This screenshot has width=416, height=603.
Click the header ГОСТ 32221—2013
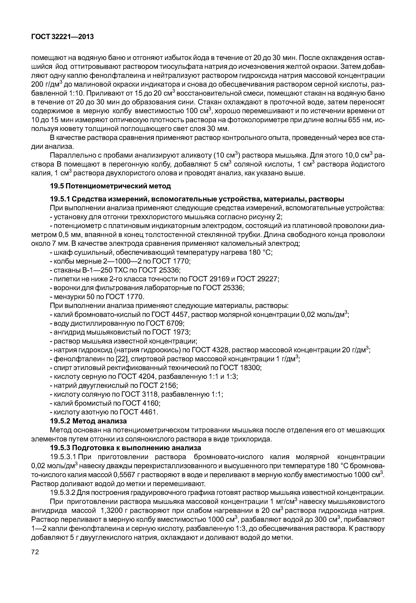pyautogui.click(x=62, y=37)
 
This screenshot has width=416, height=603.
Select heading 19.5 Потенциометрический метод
pyautogui.click(x=110, y=186)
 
